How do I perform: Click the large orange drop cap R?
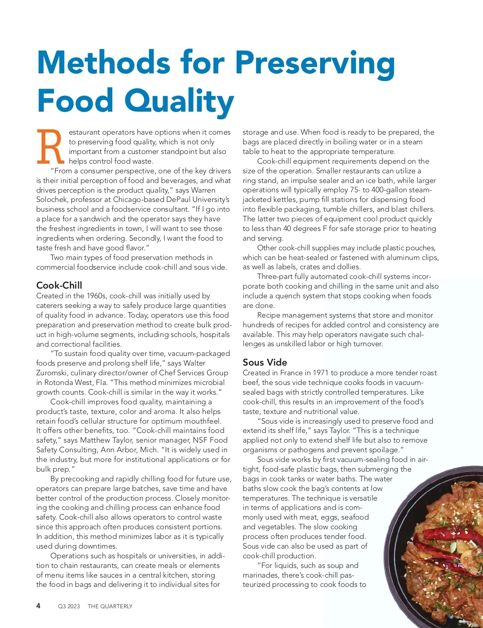[50, 147]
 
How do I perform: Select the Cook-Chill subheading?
[59, 285]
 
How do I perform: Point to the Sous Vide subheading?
[265, 362]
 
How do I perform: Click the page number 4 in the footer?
[38, 606]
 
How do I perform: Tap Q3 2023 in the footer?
[69, 606]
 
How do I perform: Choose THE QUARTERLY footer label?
[110, 606]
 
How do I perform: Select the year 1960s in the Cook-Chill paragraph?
[96, 296]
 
